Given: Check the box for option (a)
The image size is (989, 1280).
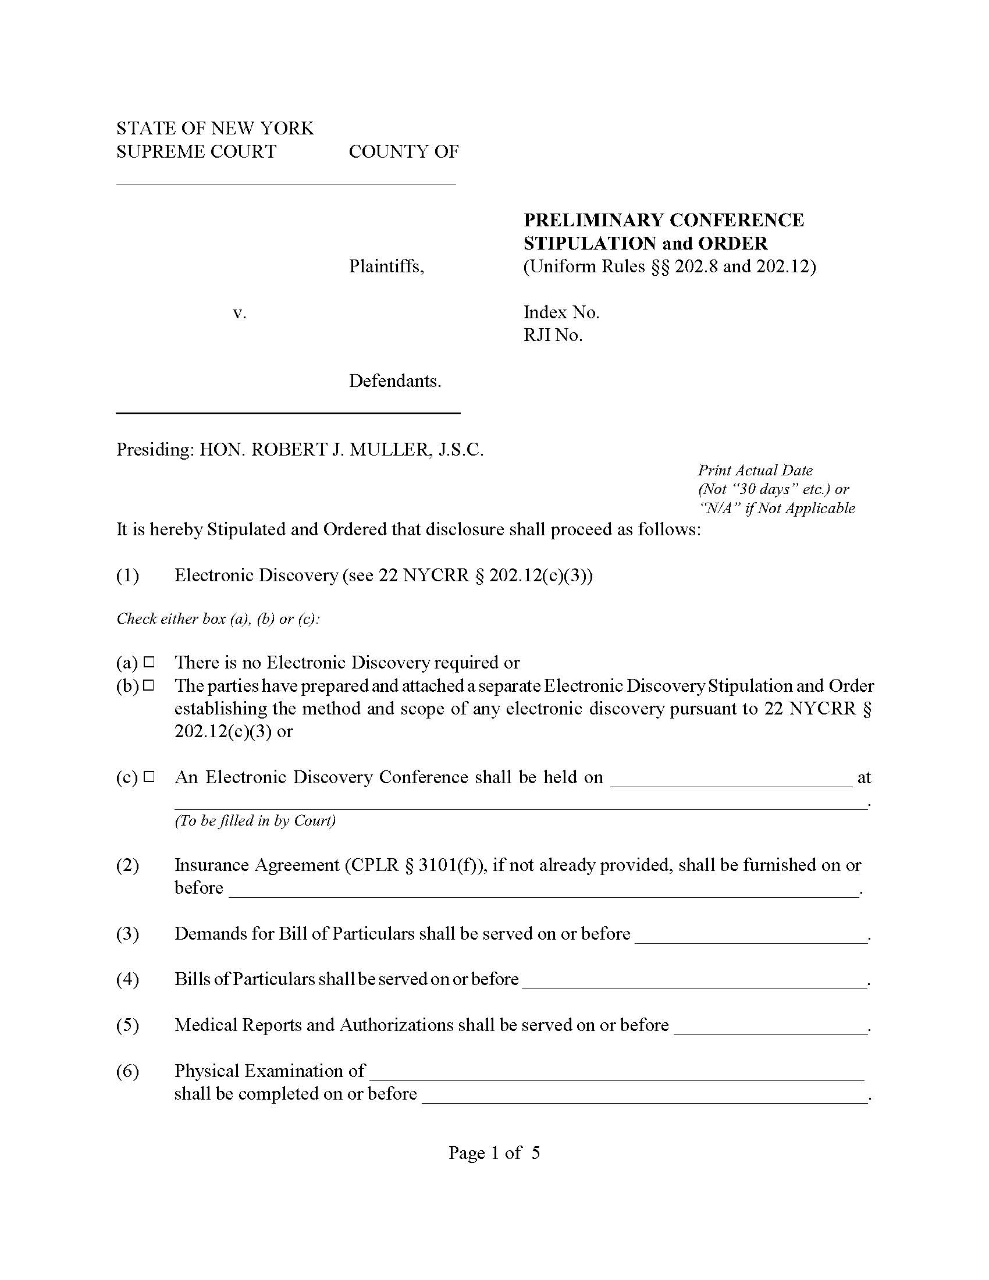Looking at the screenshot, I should coord(149,662).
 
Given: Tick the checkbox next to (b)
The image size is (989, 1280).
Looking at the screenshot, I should coord(149,685).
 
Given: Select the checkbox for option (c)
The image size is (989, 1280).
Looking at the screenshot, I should coord(149,777).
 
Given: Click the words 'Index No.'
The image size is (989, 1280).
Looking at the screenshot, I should coord(561,312).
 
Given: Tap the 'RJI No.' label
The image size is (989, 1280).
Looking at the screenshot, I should coord(553,335).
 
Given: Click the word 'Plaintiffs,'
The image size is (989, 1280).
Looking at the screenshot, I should coord(386,266).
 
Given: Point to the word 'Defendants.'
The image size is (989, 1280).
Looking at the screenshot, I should coord(394,381).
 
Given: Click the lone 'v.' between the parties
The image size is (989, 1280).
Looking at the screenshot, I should coord(239,312).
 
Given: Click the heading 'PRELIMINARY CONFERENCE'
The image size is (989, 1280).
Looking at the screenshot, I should coord(663,221).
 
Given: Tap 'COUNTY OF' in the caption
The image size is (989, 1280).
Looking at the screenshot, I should coord(403,152).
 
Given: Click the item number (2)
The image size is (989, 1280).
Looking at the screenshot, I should coord(127,865).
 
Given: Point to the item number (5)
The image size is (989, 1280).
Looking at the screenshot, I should coord(127,1025).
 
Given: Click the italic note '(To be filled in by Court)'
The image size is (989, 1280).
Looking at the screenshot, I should coord(255,820).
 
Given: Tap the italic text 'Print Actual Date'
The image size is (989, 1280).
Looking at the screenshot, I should coord(755,470).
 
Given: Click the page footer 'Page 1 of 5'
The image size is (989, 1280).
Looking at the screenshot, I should coord(494,1153).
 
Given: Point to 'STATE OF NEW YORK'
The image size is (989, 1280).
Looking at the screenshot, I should coord(215,129).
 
